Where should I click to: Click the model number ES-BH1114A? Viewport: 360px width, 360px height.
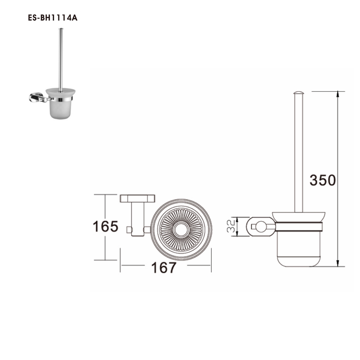coord(53,18)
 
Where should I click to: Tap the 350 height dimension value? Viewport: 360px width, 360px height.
coord(323,180)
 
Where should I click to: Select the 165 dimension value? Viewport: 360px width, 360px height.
coord(105,227)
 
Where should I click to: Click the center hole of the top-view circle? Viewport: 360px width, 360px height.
coord(181,229)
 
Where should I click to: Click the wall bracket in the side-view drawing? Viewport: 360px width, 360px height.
coord(260,227)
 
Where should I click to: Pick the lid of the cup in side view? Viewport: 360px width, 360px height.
coord(298,217)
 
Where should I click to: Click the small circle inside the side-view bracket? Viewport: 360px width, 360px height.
coord(258,227)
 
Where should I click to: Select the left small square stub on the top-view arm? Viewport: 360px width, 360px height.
coord(129,229)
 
